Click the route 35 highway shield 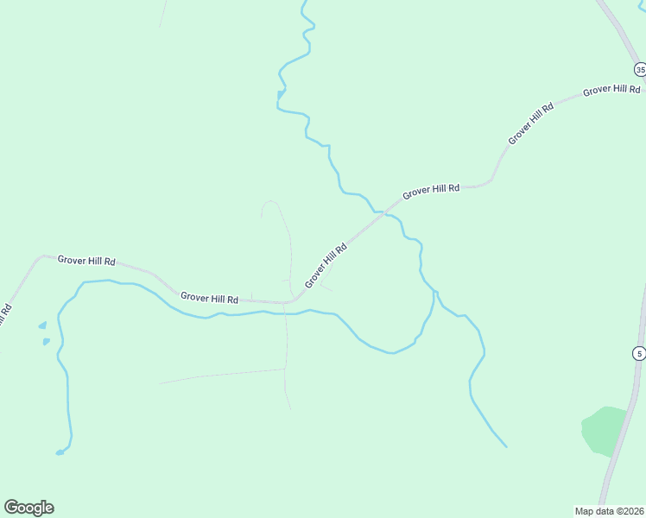(640, 69)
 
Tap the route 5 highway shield (639, 353)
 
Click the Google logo (28, 508)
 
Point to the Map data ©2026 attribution (609, 511)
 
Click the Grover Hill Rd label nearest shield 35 (611, 90)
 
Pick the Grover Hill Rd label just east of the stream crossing (431, 189)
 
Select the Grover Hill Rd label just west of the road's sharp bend (209, 298)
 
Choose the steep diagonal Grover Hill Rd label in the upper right (530, 123)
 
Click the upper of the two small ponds (41, 326)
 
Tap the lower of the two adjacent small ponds (46, 342)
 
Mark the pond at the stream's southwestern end (60, 451)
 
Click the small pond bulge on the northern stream (281, 92)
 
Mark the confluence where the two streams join (434, 292)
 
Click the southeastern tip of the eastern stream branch (505, 446)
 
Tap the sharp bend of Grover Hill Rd (294, 301)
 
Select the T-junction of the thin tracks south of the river (286, 370)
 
